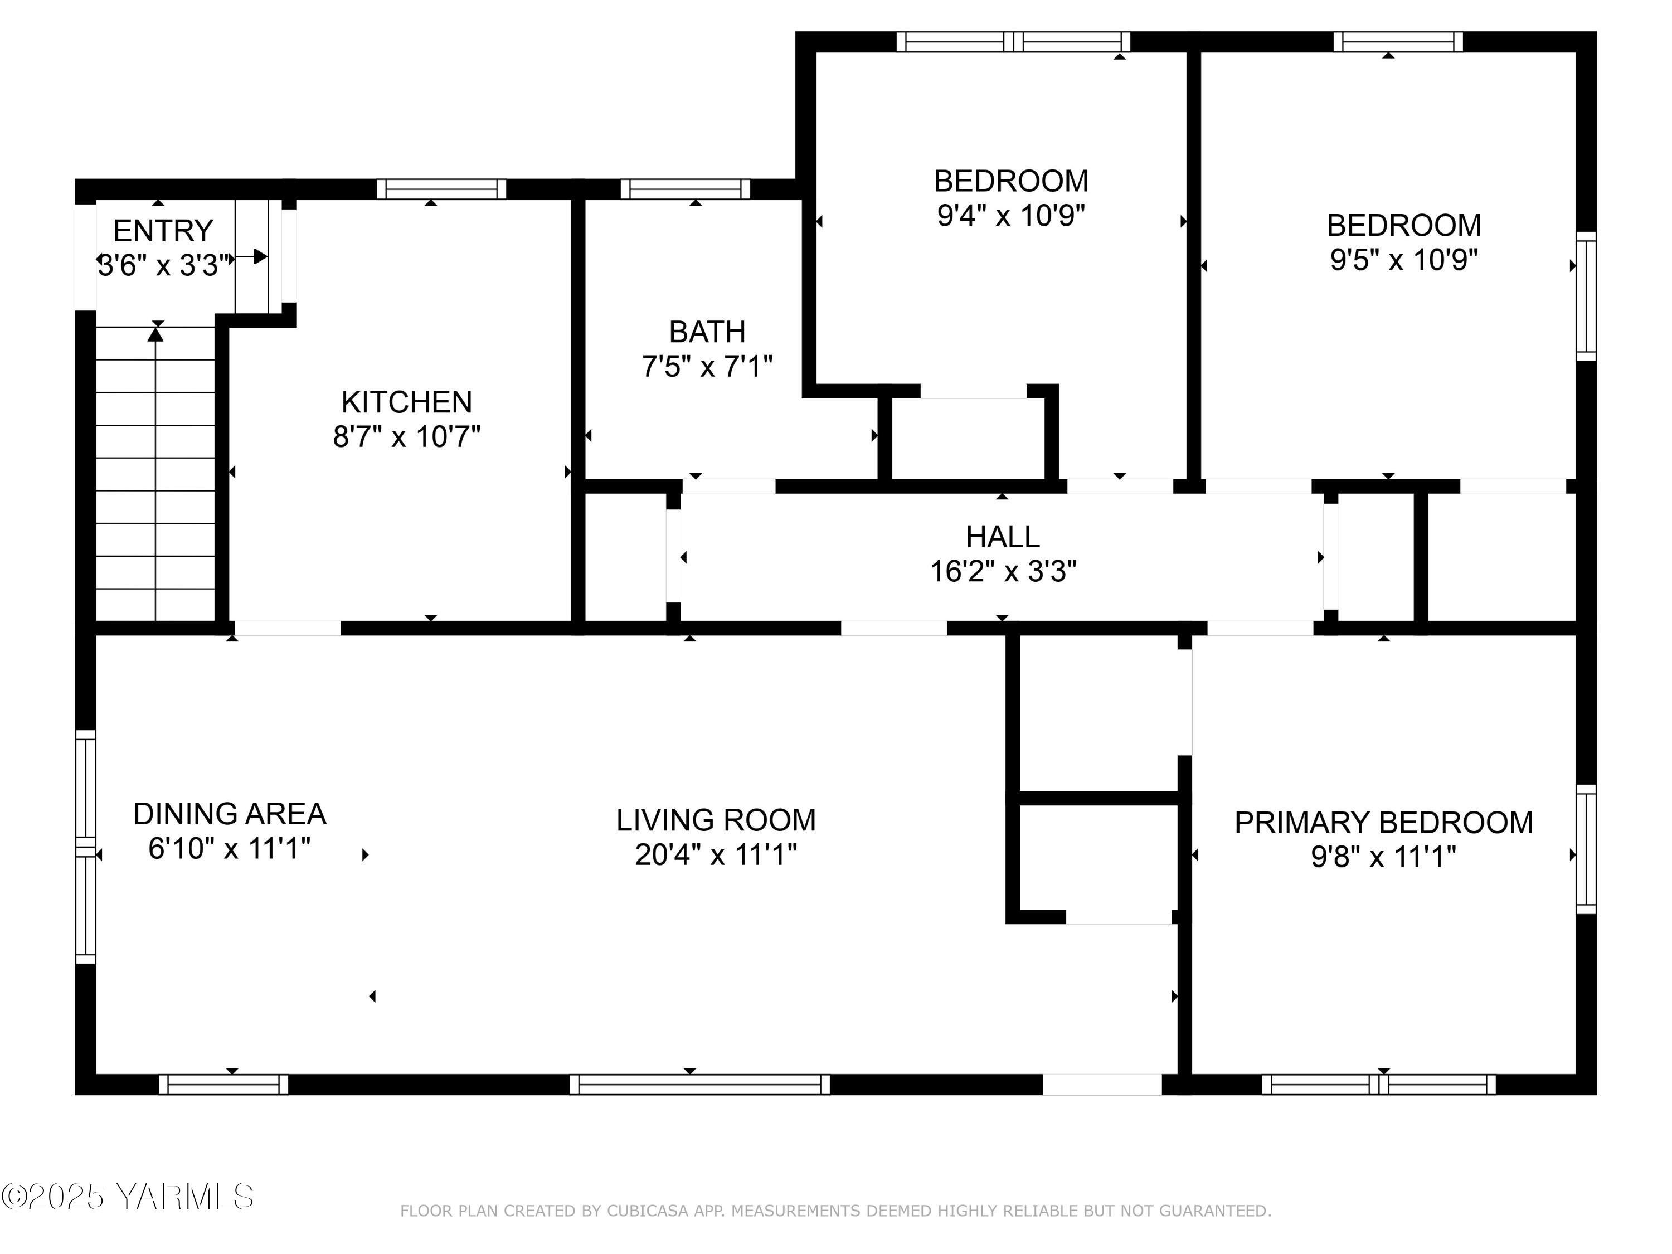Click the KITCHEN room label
[407, 402]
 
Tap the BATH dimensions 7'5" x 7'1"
[707, 367]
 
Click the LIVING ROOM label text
[715, 820]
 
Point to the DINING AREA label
[230, 814]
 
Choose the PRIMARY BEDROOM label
[1383, 823]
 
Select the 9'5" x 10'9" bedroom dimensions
[1404, 260]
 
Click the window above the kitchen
[441, 189]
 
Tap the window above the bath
[685, 189]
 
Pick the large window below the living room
[699, 1084]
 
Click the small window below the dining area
[223, 1084]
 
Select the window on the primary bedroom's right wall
[1586, 849]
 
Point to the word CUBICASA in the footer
[648, 1211]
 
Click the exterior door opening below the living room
[1101, 1084]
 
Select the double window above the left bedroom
[1013, 42]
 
